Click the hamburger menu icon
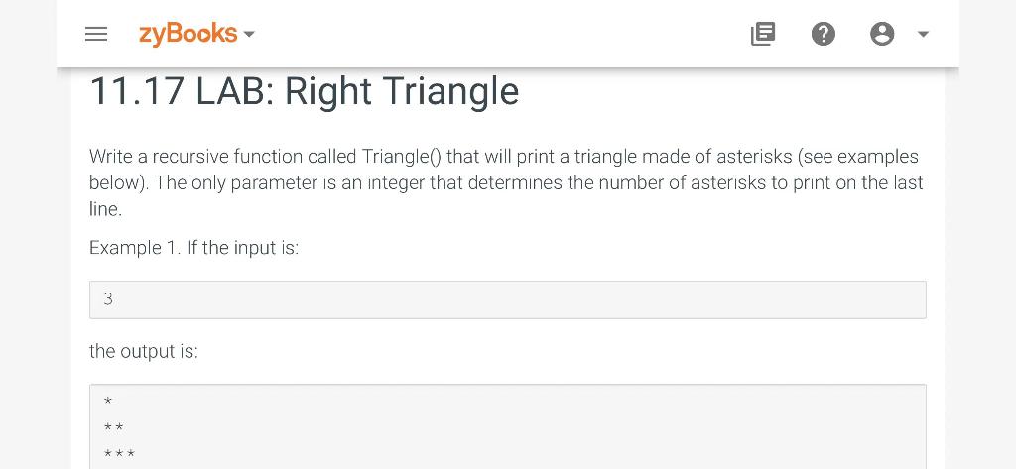point(96,34)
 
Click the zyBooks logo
point(188,33)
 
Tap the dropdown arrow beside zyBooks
point(249,34)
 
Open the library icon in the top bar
point(763,34)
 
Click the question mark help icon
point(823,34)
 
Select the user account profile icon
point(882,34)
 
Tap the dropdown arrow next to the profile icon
point(924,34)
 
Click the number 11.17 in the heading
point(137,91)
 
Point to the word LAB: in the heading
point(234,91)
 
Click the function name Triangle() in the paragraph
point(401,157)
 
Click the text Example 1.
point(135,248)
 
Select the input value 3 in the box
point(108,299)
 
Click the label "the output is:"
point(143,352)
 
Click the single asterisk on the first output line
point(108,402)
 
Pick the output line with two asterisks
point(114,427)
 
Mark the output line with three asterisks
point(119,453)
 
